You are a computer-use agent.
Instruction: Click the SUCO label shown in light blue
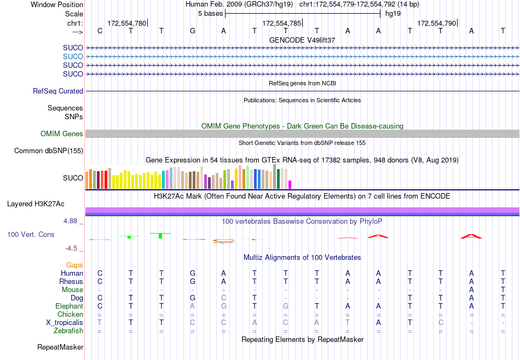tap(73, 56)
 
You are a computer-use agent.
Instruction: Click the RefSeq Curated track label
tap(58, 91)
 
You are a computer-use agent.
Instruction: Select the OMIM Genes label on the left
tap(62, 133)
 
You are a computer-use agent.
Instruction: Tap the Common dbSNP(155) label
tap(49, 150)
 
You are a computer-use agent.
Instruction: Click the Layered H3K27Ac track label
tap(36, 204)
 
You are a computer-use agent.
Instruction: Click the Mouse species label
tap(72, 290)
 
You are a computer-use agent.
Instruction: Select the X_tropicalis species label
tap(65, 323)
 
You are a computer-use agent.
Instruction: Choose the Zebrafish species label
tap(68, 331)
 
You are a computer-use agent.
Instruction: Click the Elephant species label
tap(69, 306)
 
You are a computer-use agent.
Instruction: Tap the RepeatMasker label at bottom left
tap(60, 347)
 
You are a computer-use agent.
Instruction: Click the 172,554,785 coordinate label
tap(281, 23)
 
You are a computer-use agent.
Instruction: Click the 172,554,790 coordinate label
tap(436, 23)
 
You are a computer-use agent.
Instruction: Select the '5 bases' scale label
tap(210, 13)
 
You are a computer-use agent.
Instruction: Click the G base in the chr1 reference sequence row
tap(193, 31)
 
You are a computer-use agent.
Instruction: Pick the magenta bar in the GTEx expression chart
tap(290, 184)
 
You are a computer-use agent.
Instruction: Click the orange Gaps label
tap(74, 265)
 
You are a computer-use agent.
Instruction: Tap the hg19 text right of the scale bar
tap(392, 13)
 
